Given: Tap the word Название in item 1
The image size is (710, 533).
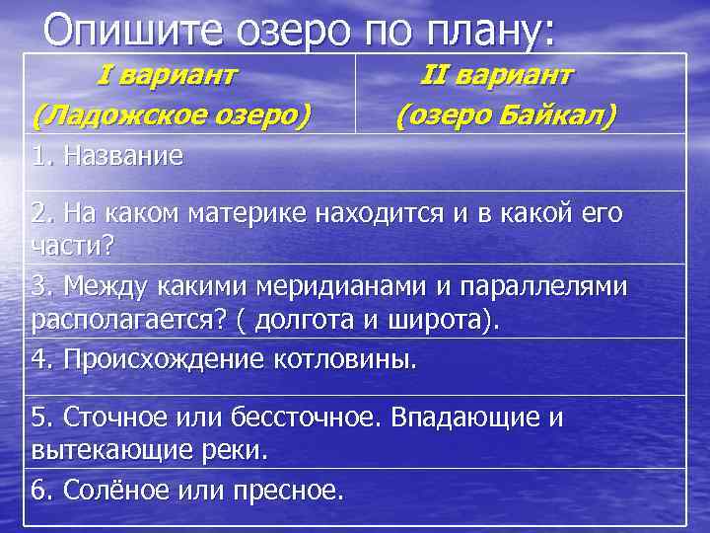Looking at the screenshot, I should pyautogui.click(x=122, y=156).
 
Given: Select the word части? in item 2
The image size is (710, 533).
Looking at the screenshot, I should pyautogui.click(x=73, y=244).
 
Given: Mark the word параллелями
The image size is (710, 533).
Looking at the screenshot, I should pyautogui.click(x=542, y=286).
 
